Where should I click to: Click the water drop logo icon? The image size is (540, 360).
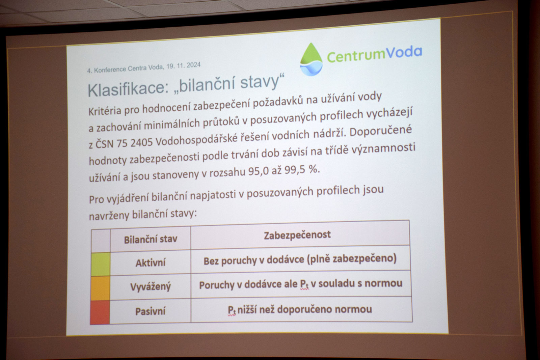click(x=311, y=59)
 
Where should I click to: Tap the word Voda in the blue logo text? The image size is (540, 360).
click(x=404, y=52)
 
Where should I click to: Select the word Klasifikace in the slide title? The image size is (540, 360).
click(x=128, y=89)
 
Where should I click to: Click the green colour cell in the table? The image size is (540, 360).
click(x=101, y=264)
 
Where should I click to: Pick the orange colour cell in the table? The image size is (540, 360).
click(x=100, y=288)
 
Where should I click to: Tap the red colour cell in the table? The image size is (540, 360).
click(x=100, y=312)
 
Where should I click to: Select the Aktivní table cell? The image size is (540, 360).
click(x=151, y=262)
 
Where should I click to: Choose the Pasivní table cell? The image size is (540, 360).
click(x=151, y=311)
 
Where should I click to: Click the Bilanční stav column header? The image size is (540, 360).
click(x=151, y=239)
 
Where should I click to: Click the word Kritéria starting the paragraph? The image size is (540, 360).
click(x=105, y=111)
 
